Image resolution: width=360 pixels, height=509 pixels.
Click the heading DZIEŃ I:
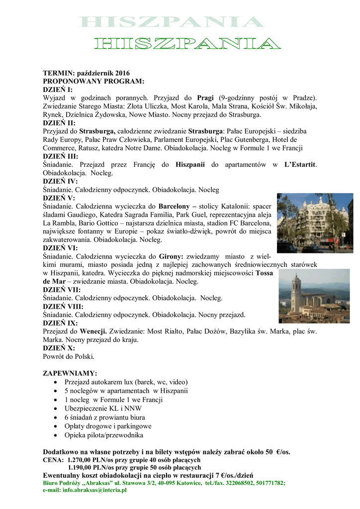tap(58, 89)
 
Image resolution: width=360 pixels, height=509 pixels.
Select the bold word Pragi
tap(205, 98)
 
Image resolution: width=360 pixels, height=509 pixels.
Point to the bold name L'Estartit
tap(300, 165)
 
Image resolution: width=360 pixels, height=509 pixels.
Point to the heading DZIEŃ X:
tap(59, 348)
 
